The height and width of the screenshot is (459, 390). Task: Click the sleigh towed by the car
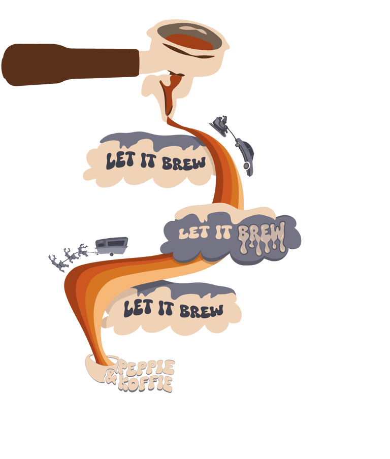(x=220, y=124)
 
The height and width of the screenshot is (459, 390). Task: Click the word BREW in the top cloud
(x=183, y=163)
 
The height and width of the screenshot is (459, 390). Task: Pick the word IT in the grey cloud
(x=222, y=233)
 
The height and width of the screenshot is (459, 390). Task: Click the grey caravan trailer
(x=111, y=245)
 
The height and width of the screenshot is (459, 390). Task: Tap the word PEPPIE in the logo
(x=147, y=368)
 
